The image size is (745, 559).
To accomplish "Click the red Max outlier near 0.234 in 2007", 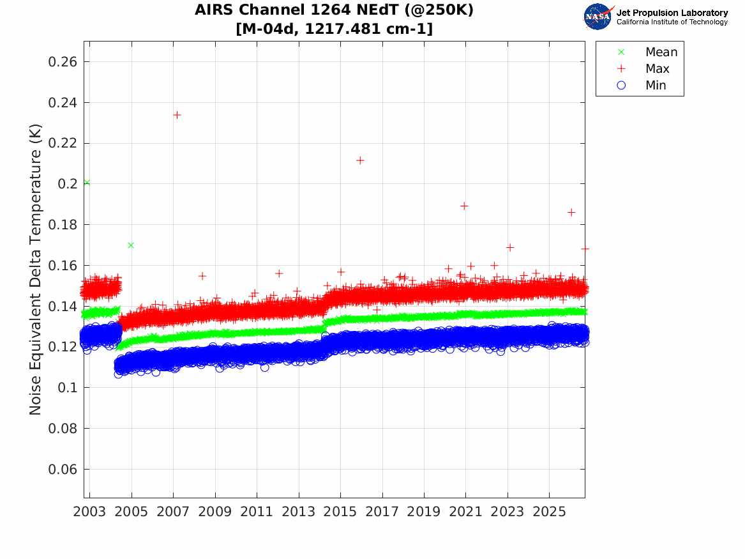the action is click(177, 115).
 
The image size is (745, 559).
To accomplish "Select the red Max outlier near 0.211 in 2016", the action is click(360, 160).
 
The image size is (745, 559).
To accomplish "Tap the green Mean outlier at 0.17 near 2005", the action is click(131, 245).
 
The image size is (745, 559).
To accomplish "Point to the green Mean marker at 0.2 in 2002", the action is click(86, 183).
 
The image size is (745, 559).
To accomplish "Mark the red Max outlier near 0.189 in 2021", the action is click(464, 206).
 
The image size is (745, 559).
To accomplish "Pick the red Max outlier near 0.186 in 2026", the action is click(571, 213).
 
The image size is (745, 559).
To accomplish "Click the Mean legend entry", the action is click(649, 52).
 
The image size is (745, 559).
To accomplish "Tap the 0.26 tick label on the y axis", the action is click(62, 62).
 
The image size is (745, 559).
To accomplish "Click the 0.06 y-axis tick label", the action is click(62, 469).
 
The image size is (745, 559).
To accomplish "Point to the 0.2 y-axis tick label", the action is click(68, 183).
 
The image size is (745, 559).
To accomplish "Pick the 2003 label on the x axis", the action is click(89, 512).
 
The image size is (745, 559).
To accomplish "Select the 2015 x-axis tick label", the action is click(340, 512).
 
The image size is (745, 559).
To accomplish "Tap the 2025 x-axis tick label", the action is click(549, 512).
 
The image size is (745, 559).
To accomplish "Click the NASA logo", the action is click(598, 17).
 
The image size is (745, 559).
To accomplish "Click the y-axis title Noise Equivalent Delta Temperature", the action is click(35, 270).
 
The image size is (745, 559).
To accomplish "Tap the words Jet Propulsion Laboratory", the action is click(672, 13).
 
